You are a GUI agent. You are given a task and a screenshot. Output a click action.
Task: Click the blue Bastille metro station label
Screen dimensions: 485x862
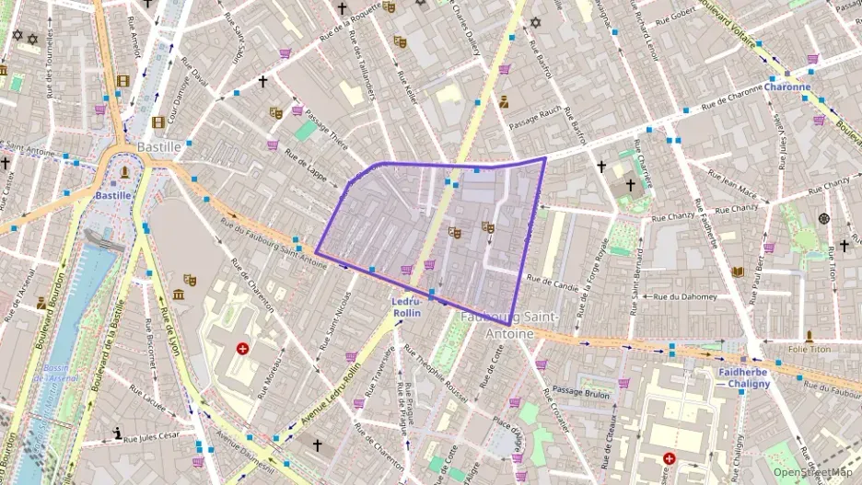[113, 195]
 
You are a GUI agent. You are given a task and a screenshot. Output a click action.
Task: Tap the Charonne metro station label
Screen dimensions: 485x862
[787, 87]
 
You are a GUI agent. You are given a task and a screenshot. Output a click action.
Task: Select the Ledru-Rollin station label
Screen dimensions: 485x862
[406, 307]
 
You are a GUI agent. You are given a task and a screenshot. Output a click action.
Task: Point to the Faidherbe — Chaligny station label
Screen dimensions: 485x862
[742, 377]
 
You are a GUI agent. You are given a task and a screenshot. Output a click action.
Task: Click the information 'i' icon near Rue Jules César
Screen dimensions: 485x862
[117, 433]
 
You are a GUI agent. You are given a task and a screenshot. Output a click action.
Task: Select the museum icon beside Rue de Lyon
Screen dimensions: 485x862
[178, 294]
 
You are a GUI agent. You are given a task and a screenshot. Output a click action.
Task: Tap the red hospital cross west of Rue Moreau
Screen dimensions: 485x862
[242, 349]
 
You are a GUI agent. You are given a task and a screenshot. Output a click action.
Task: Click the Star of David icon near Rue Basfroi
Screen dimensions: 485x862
[534, 22]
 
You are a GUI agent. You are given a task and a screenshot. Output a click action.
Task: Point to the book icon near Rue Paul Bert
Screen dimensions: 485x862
[737, 271]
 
